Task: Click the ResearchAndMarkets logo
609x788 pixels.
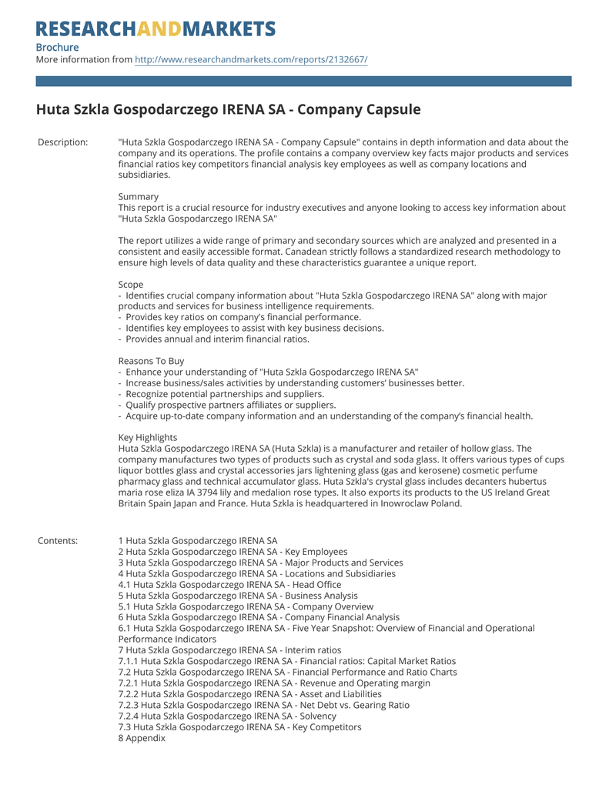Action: (x=156, y=29)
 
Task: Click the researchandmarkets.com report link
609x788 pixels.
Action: (x=251, y=59)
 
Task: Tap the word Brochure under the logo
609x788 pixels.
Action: (x=57, y=47)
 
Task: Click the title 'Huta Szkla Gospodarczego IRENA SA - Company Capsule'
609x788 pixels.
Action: (x=228, y=109)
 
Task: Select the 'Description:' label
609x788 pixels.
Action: (x=62, y=142)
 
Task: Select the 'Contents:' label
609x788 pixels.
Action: (x=58, y=541)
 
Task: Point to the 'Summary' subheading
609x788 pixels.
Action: (x=139, y=197)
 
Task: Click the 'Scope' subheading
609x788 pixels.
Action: (x=131, y=285)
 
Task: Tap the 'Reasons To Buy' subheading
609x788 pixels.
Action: (x=151, y=361)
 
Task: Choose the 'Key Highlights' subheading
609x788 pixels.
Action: (x=148, y=437)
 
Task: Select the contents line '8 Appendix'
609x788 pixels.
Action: (x=142, y=738)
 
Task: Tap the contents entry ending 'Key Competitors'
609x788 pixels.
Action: (x=239, y=727)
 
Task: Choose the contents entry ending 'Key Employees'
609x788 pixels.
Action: (x=233, y=552)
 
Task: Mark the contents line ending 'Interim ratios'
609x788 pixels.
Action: (x=229, y=650)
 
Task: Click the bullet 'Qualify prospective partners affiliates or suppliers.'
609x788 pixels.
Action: (x=230, y=405)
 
